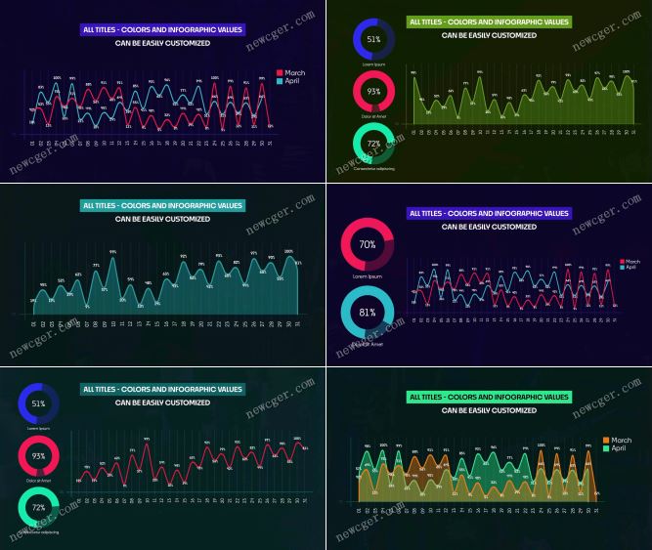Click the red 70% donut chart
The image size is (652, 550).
pos(369,244)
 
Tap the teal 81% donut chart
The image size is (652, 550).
pos(368,313)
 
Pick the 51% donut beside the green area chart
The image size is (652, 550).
pos(372,39)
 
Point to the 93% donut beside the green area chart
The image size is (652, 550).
pos(372,91)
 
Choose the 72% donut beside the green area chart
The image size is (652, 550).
pos(372,143)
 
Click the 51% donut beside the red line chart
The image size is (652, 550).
pos(38,403)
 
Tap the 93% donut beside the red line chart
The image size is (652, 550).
pos(38,455)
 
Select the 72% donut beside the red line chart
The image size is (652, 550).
pos(38,508)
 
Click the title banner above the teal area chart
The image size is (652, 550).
pos(162,206)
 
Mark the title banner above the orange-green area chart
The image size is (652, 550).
pos(489,398)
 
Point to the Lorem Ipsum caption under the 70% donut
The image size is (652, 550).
pos(369,276)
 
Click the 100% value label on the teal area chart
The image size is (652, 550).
pos(288,252)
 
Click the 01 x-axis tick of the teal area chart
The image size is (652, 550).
pos(33,323)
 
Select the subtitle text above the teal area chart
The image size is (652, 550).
pos(162,219)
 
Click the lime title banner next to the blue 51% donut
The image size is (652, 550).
pos(489,21)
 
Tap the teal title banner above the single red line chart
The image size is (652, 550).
pos(162,389)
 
